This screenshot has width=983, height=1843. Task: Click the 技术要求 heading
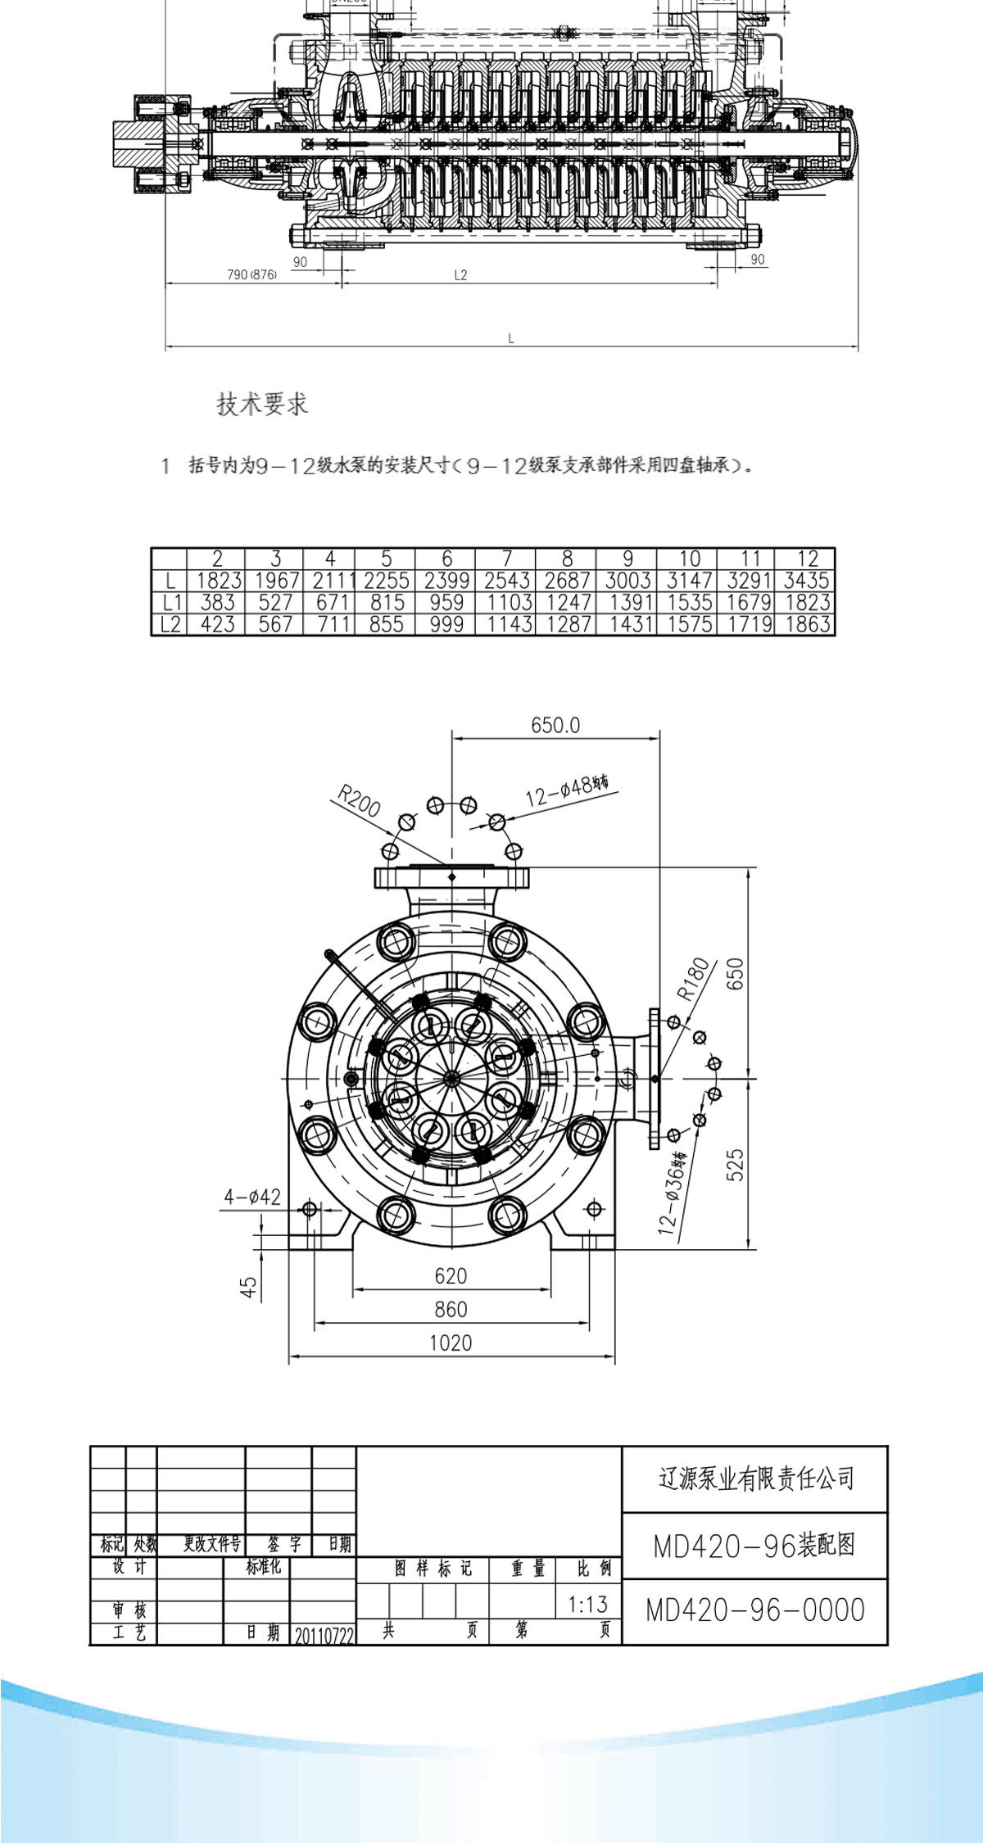coord(262,404)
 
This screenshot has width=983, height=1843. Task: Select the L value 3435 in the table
coord(806,581)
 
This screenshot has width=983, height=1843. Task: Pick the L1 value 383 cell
coord(217,603)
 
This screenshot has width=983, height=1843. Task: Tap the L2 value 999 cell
coord(446,624)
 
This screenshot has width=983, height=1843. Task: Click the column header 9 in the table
coord(627,559)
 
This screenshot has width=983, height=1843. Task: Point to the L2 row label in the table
coord(170,625)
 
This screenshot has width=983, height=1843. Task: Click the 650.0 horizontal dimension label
coord(555,725)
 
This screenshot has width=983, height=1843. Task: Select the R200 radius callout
coord(359,801)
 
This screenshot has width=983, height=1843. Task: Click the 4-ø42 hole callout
coord(252,1197)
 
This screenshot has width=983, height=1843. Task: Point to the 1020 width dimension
coord(451,1343)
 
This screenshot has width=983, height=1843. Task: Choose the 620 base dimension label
coord(451,1275)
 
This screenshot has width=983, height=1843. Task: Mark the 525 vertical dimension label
coord(735,1164)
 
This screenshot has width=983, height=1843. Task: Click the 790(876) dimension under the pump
coord(251,274)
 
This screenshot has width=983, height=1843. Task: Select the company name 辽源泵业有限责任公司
coord(755,1478)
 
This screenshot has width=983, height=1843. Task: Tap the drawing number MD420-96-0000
coord(755,1610)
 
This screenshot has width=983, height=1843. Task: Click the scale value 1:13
coord(588,1604)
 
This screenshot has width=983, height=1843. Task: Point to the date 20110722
coord(324,1635)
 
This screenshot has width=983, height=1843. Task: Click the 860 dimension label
coord(451,1309)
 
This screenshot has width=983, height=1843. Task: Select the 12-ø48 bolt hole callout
coord(566,790)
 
